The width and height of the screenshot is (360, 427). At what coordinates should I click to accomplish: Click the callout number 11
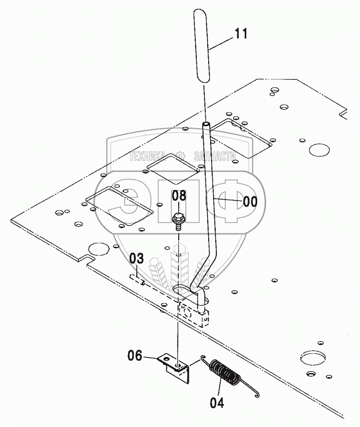click(x=241, y=34)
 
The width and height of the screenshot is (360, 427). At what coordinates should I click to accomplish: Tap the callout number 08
click(x=179, y=196)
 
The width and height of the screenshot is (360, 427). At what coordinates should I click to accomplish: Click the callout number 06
click(x=134, y=355)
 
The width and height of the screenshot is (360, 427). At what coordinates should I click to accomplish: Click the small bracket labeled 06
click(x=176, y=364)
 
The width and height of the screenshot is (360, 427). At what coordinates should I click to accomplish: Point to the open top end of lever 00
click(x=205, y=123)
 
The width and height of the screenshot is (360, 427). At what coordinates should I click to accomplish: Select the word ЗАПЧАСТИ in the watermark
click(x=215, y=156)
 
